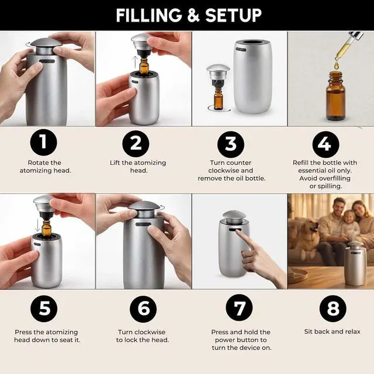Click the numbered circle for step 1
(x=44, y=143)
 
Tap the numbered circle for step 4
(x=326, y=144)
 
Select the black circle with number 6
(x=143, y=309)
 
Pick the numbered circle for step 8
(x=333, y=309)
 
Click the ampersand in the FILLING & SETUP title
(x=193, y=16)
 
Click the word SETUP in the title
(x=233, y=16)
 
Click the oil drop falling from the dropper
(x=337, y=65)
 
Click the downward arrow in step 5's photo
(x=37, y=225)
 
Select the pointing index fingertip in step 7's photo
(x=238, y=231)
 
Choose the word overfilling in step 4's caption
(x=335, y=179)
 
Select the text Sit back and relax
(x=333, y=332)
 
